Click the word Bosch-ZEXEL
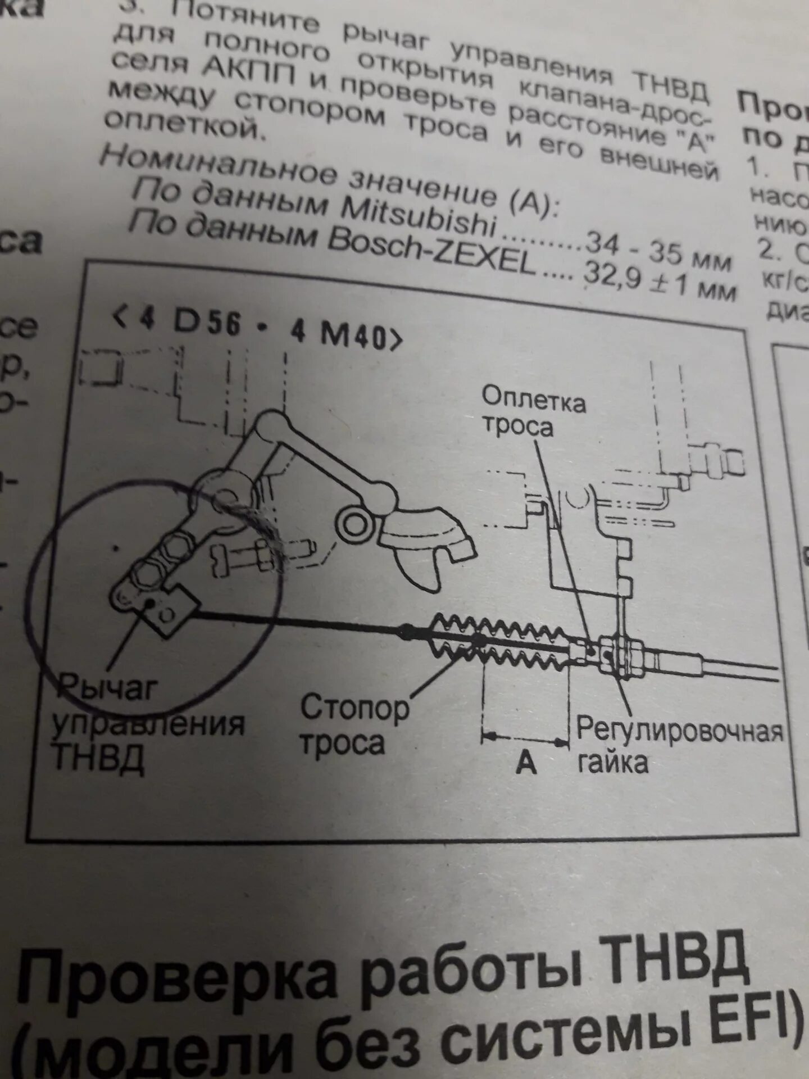pos(430,251)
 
